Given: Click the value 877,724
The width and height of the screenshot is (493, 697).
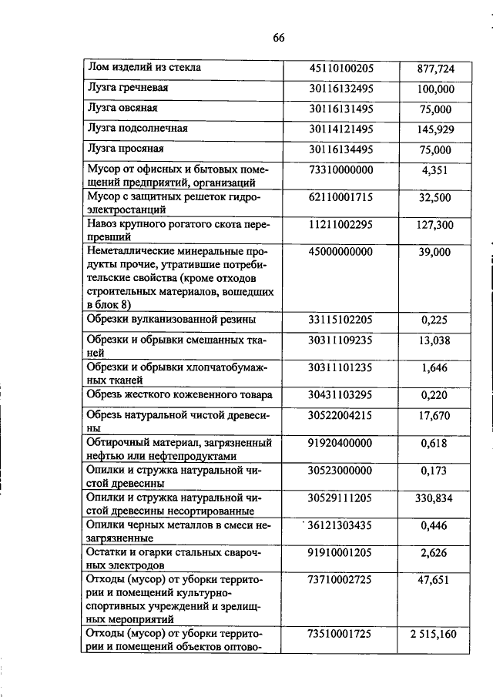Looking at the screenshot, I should (x=436, y=69).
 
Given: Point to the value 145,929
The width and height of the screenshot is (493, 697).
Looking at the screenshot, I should (x=436, y=129).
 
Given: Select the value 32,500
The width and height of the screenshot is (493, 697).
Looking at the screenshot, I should (x=436, y=198).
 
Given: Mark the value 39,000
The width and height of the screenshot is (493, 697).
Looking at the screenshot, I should (x=436, y=253).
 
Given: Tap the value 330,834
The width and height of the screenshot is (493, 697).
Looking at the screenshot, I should (x=436, y=499).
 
